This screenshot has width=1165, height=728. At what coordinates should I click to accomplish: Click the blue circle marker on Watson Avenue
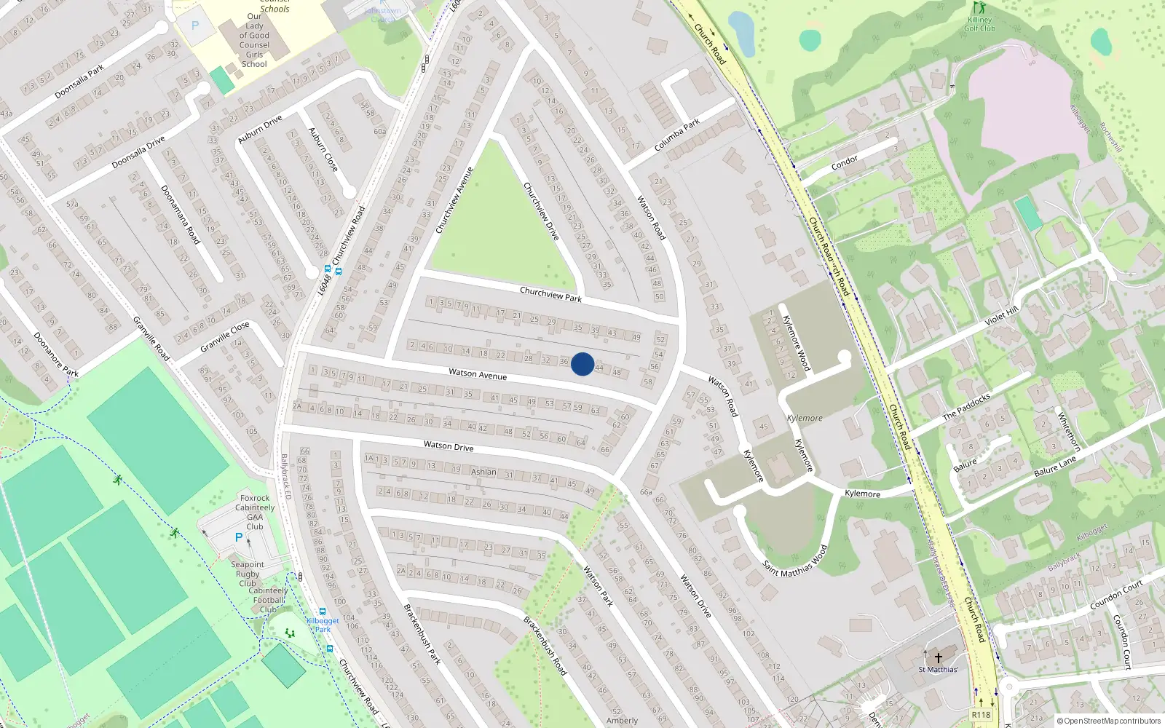point(582,364)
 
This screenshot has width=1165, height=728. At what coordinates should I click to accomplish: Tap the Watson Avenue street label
point(478,374)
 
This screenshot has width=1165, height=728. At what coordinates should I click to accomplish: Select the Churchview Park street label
point(550,293)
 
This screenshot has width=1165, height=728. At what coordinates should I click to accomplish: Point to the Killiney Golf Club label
point(979,24)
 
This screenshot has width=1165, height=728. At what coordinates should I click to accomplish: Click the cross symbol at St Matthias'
point(939,657)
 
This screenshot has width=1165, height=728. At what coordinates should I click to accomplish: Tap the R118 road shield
point(981,715)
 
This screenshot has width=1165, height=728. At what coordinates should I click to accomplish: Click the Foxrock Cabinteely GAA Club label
point(255,513)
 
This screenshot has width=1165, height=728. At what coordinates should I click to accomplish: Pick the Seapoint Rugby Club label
point(248,574)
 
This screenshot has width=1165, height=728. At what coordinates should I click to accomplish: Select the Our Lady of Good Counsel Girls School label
point(254,40)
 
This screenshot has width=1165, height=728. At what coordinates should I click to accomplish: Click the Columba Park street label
point(676,135)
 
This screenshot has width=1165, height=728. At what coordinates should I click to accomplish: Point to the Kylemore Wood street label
point(795,343)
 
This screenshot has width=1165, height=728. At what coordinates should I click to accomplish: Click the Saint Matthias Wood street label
point(795,561)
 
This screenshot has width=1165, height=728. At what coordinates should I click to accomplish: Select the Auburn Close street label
point(323,150)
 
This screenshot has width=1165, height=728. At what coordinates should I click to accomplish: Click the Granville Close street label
point(225,336)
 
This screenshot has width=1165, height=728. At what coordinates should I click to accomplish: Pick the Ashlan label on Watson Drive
point(483,472)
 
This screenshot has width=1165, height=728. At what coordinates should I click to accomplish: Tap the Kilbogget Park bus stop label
point(323,625)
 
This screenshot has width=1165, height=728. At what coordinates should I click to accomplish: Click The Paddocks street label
point(966,407)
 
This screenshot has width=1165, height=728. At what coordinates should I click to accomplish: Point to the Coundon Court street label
point(1116,596)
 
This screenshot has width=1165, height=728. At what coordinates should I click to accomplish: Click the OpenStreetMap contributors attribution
point(1108,721)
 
